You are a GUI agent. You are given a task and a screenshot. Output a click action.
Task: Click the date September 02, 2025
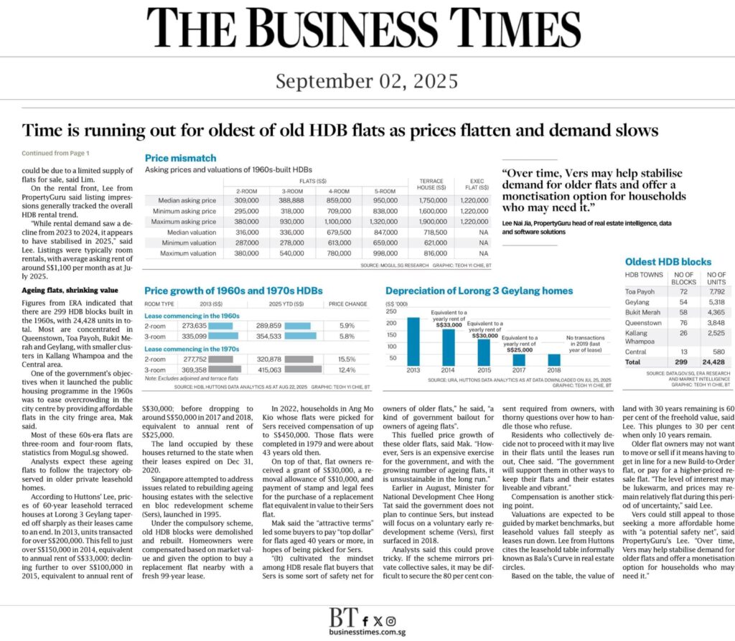pyautogui.click(x=367, y=80)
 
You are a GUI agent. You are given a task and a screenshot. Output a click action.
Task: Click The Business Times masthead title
pyautogui.click(x=367, y=27)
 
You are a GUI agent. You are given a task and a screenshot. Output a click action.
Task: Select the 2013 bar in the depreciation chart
pyautogui.click(x=413, y=342)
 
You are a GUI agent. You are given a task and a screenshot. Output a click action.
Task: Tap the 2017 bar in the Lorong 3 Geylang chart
pyautogui.click(x=518, y=359)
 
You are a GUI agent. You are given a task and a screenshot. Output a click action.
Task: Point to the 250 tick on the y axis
pyautogui.click(x=391, y=311)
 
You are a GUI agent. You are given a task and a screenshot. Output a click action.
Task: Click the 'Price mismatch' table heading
pyautogui.click(x=180, y=158)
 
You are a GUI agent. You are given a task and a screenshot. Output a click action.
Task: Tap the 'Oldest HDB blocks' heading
pyautogui.click(x=668, y=262)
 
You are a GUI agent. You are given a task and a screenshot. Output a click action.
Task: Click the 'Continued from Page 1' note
pyautogui.click(x=55, y=153)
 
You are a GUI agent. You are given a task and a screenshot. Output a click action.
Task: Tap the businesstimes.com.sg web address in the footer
pyautogui.click(x=367, y=631)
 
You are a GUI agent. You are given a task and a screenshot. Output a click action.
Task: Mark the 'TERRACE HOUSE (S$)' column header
pyautogui.click(x=432, y=184)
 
